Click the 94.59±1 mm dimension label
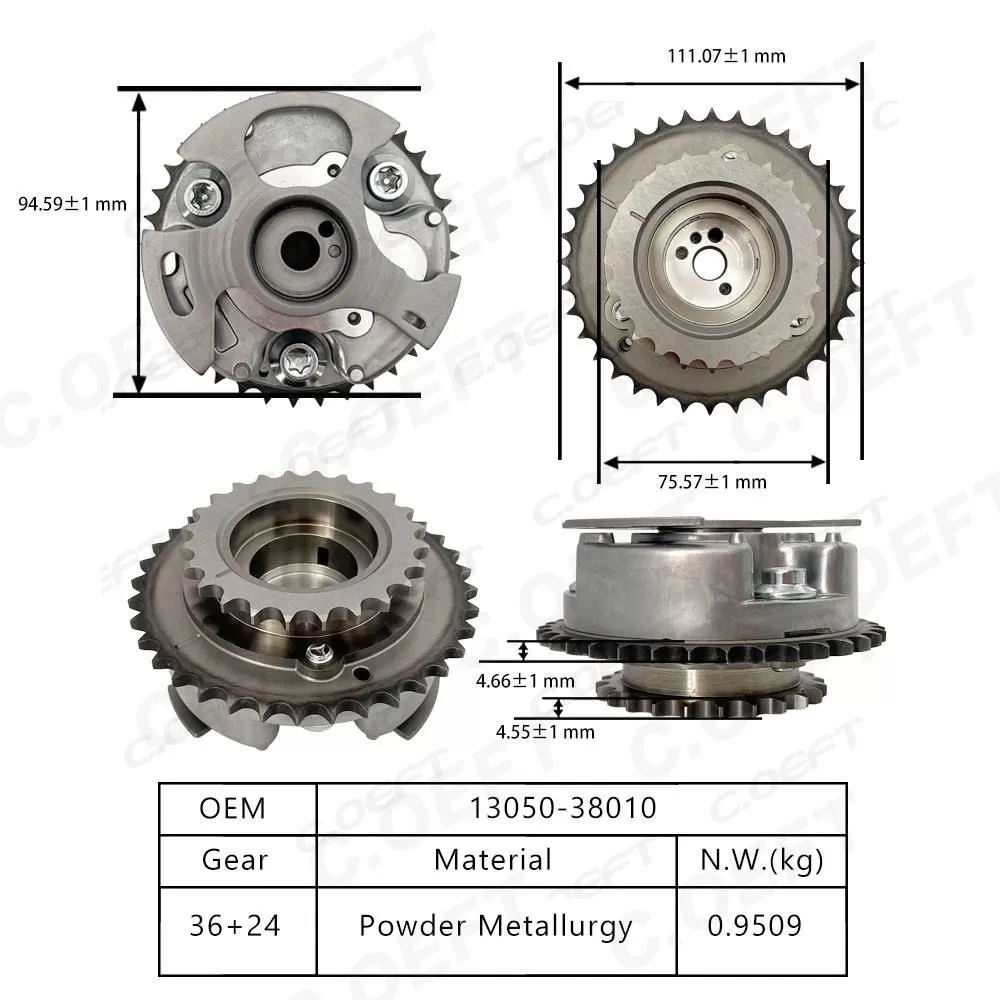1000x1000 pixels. click(73, 204)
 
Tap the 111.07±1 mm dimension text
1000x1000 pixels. click(726, 56)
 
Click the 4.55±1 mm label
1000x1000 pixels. click(545, 732)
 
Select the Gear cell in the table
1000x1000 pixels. click(233, 859)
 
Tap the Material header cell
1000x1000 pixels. click(494, 859)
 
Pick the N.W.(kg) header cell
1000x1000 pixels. click(763, 859)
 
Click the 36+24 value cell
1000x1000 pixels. click(233, 926)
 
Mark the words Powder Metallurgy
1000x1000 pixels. click(496, 926)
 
